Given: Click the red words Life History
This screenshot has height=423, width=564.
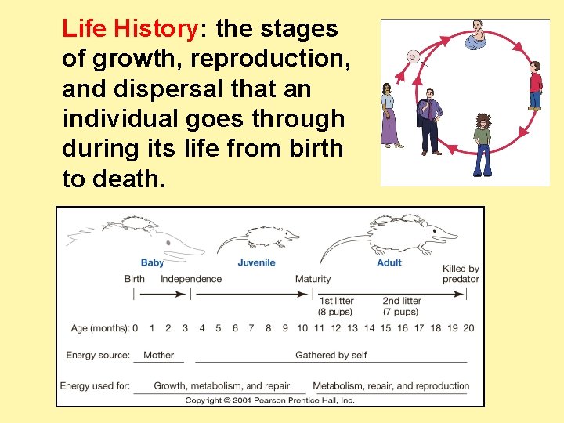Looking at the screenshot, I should pyautogui.click(x=129, y=30).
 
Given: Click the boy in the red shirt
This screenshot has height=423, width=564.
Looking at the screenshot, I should pyautogui.click(x=535, y=86).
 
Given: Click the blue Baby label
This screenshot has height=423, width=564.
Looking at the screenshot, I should pyautogui.click(x=152, y=262).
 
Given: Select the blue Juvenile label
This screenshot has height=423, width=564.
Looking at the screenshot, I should pyautogui.click(x=256, y=262).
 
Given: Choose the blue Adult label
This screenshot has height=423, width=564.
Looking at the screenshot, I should pyautogui.click(x=389, y=262).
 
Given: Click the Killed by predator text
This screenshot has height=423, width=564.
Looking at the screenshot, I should pyautogui.click(x=461, y=273).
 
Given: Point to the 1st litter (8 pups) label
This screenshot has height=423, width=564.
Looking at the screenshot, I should pyautogui.click(x=336, y=305).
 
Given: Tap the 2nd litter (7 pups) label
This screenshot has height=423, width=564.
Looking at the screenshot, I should pyautogui.click(x=401, y=305).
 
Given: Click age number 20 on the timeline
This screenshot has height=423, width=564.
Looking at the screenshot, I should pyautogui.click(x=468, y=327).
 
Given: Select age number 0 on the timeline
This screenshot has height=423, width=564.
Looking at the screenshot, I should pyautogui.click(x=136, y=327).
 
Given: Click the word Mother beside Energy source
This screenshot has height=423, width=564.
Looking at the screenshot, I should pyautogui.click(x=158, y=355).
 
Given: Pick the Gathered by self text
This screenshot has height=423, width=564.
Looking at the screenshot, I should pyautogui.click(x=331, y=355).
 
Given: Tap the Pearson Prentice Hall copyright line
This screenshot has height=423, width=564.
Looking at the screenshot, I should pyautogui.click(x=269, y=399).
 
